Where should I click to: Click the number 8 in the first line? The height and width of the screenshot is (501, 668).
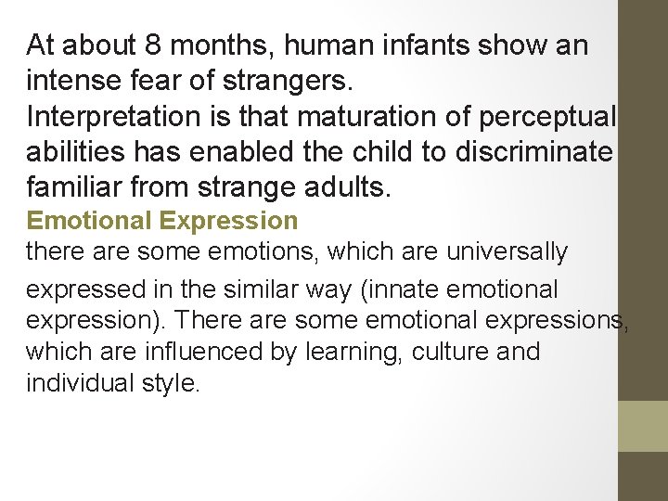tap(152, 45)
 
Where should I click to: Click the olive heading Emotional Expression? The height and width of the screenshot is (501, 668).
tap(162, 221)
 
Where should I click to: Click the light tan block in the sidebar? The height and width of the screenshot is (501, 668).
tap(643, 426)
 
